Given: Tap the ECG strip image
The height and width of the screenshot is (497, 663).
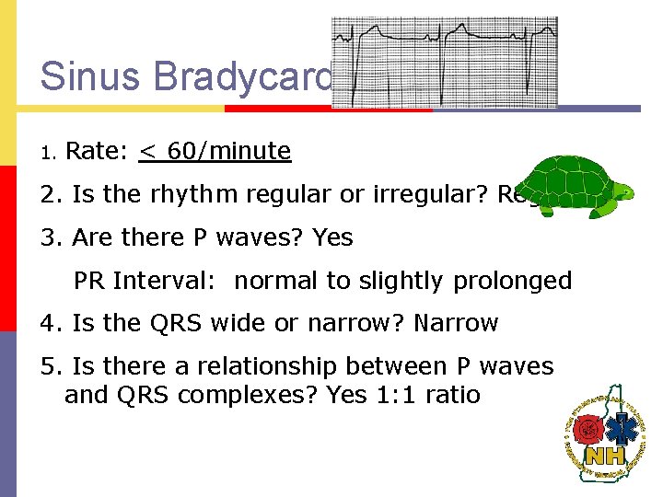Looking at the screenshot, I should click(x=445, y=62).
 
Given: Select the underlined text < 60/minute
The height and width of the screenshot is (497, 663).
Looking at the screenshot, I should click(x=215, y=151).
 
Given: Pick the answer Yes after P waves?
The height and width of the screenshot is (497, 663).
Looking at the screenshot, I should click(x=332, y=237).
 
